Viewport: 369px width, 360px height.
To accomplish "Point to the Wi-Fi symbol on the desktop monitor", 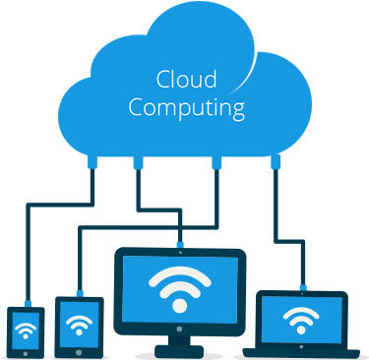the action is click(x=178, y=285).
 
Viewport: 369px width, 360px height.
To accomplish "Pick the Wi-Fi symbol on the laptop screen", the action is click(x=300, y=318).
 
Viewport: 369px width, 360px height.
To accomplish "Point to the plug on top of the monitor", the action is click(x=178, y=242).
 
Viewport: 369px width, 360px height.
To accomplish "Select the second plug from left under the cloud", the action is click(x=137, y=159).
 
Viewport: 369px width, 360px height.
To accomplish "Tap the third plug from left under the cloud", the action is click(x=215, y=159).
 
